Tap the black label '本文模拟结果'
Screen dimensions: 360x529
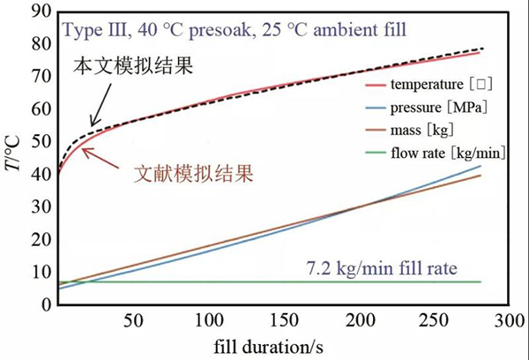point(132,67)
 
